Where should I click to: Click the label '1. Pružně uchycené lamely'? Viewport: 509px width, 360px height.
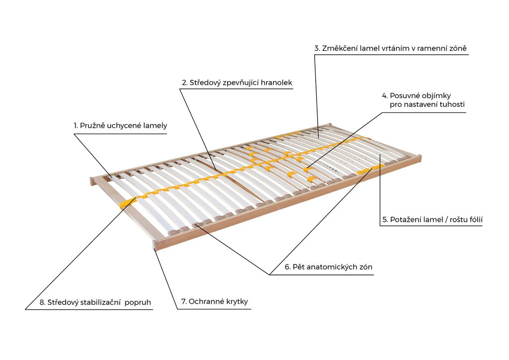pyautogui.click(x=120, y=126)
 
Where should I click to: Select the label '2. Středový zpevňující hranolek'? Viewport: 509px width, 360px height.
pyautogui.click(x=237, y=83)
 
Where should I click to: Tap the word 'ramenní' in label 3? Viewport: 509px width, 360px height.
pyautogui.click(x=431, y=48)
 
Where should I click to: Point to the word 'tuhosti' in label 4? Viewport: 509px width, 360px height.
pyautogui.click(x=452, y=104)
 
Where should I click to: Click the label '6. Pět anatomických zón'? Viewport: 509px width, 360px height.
pyautogui.click(x=328, y=267)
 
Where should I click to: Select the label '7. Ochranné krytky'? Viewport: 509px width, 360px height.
pyautogui.click(x=214, y=301)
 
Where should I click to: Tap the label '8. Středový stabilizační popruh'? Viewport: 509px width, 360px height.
pyautogui.click(x=95, y=302)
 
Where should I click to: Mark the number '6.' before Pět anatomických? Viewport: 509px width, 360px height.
pyautogui.click(x=288, y=267)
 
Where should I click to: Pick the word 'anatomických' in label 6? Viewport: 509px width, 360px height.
pyautogui.click(x=333, y=267)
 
